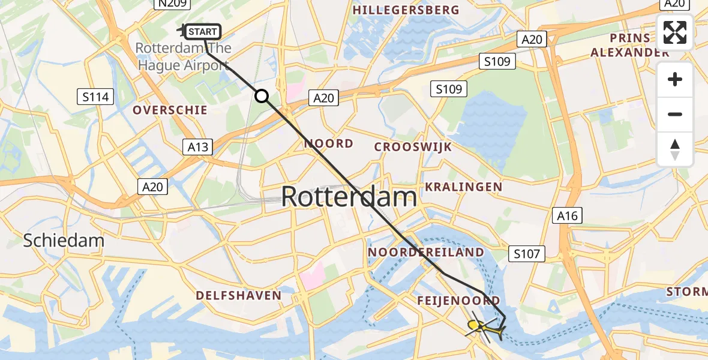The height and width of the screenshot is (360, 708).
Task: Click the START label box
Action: [x=204, y=31]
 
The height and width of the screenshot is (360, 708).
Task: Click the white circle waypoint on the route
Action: [x=262, y=96]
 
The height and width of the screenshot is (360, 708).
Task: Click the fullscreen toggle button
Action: [x=675, y=32]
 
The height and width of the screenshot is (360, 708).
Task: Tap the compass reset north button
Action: [x=675, y=149]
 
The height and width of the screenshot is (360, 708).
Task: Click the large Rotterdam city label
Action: [x=349, y=197]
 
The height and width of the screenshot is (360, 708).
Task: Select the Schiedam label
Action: [x=64, y=241]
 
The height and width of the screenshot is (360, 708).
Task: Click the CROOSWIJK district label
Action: [x=413, y=147]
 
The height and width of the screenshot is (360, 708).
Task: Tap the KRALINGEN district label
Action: [x=463, y=187]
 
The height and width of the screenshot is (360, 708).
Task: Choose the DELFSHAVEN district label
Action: [x=238, y=295]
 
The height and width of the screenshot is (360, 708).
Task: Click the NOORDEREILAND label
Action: [x=426, y=252]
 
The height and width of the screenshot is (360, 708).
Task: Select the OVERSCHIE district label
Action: [x=170, y=110]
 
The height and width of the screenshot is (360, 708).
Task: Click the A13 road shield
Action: [x=198, y=147]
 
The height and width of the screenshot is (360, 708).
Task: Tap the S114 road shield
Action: [x=96, y=96]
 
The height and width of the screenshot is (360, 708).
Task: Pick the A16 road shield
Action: [x=567, y=216]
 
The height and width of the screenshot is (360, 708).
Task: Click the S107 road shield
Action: [x=526, y=254]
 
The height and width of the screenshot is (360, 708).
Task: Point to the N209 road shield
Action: [x=172, y=4]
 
